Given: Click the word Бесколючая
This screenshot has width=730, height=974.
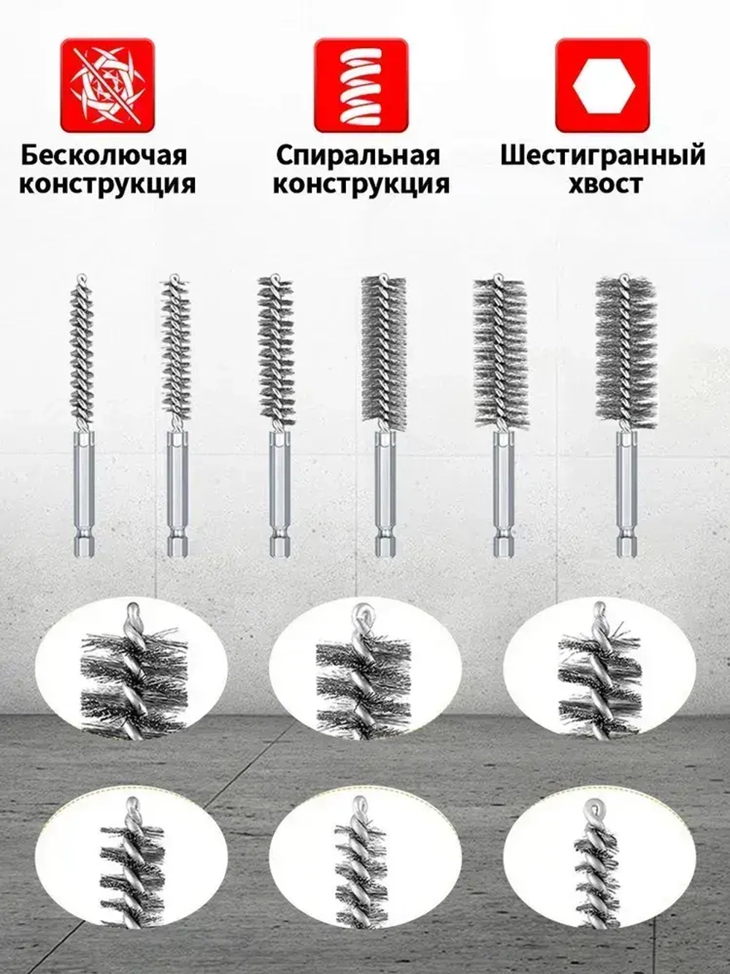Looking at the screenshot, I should tap(104, 156).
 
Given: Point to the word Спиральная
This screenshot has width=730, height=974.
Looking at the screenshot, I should tap(358, 156).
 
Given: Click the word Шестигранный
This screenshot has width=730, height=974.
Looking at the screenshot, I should tap(603, 156).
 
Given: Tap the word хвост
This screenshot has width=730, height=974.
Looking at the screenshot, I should tap(605, 183).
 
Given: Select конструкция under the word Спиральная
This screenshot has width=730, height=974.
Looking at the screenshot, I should tap(361, 183).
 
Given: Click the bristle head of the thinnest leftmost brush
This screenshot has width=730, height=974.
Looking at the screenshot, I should tap(83, 350).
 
